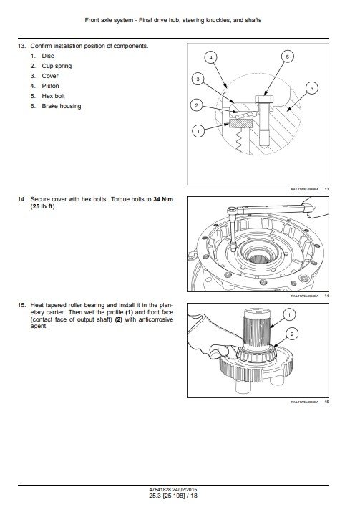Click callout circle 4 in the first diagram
[x=210, y=56]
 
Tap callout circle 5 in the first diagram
[x=287, y=56]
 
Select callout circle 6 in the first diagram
[x=311, y=87]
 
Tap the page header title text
[x=180, y=20]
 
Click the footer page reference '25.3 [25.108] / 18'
[x=180, y=495]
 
